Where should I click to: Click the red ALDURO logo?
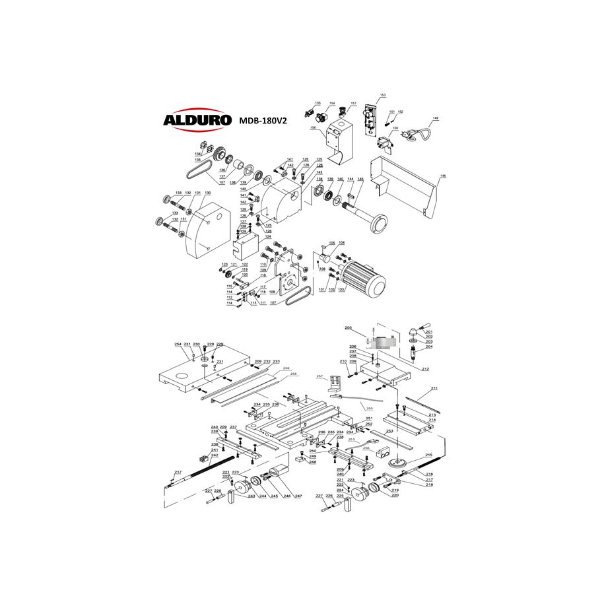click(197, 120)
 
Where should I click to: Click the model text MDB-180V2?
click(262, 121)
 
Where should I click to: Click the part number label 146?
click(443, 177)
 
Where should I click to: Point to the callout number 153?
click(382, 95)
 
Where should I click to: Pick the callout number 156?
click(313, 128)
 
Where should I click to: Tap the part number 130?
click(207, 193)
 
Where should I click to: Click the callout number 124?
click(268, 237)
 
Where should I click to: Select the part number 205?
click(349, 327)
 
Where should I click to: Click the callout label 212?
click(426, 368)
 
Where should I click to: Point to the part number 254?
click(178, 345)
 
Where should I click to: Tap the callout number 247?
click(298, 496)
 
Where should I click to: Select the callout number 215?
click(428, 455)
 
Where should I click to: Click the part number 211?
click(434, 388)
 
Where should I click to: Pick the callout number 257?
click(320, 376)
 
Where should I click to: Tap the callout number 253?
click(389, 431)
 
